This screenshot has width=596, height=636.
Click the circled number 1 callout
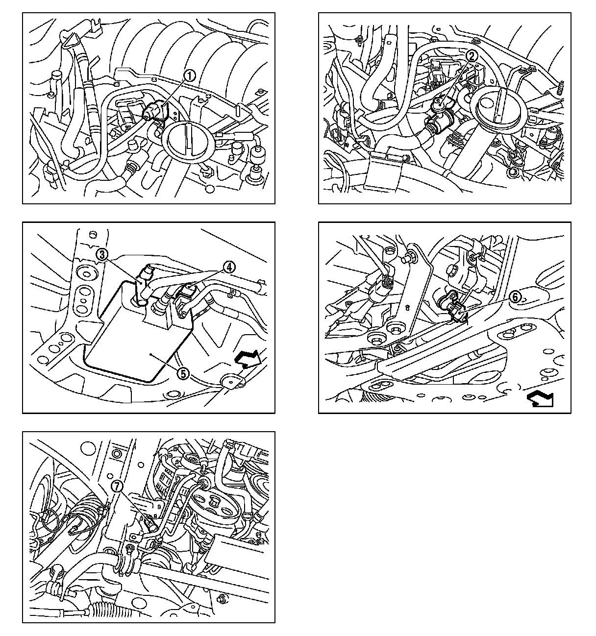click(190, 76)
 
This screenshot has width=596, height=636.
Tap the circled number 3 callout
click(102, 254)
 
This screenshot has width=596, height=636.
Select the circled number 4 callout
click(229, 267)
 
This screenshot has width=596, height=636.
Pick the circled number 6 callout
click(515, 297)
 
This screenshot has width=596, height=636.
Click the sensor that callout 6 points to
click(454, 306)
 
